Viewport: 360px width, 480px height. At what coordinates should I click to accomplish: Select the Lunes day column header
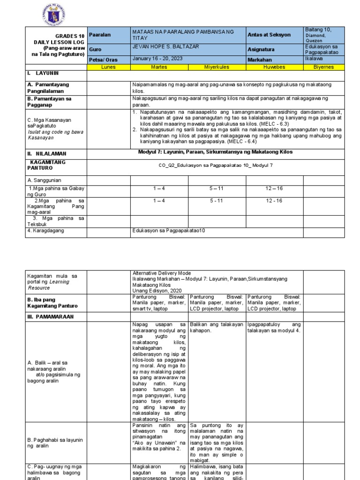pos(108,67)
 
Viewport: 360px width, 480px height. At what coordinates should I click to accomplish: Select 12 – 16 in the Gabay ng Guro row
pos(274,188)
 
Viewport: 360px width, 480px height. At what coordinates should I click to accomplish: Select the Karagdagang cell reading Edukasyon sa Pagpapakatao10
pos(169,230)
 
